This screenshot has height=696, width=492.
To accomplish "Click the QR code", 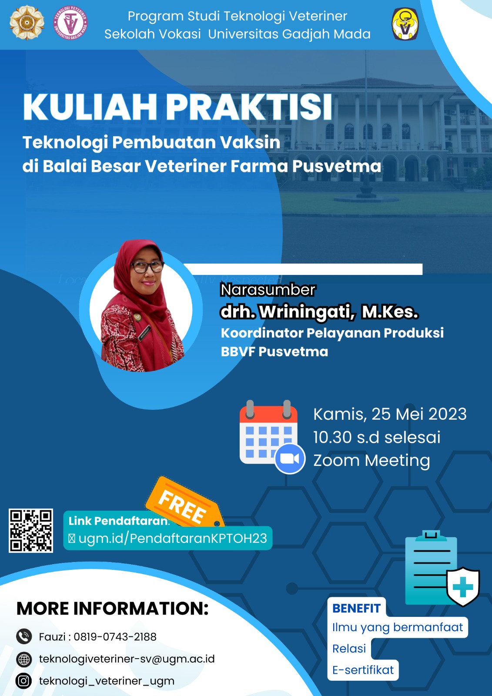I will click(31, 531).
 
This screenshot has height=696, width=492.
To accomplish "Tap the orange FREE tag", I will click(183, 505).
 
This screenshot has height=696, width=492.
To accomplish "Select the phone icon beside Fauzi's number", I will click(24, 636).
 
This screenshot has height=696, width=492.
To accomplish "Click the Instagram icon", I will click(24, 681).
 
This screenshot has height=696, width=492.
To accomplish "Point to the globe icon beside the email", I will click(24, 659).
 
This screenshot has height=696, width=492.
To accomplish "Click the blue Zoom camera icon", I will click(290, 458).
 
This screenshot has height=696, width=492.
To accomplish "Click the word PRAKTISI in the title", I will click(249, 107).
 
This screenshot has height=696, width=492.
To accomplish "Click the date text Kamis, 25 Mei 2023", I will click(390, 414).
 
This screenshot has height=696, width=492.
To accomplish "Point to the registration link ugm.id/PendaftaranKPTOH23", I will click(173, 539).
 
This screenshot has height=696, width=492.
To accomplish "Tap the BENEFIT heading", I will click(356, 608).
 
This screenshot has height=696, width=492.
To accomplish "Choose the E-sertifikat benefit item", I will click(363, 670).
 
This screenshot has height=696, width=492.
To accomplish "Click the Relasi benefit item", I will click(349, 649).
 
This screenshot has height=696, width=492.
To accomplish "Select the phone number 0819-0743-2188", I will click(115, 637).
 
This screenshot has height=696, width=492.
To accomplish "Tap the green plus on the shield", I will click(463, 587).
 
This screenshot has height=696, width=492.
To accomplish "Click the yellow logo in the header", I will click(405, 24).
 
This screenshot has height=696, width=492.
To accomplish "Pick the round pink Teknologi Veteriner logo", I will click(70, 23).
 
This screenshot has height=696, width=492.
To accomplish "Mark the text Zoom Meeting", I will click(372, 460).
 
